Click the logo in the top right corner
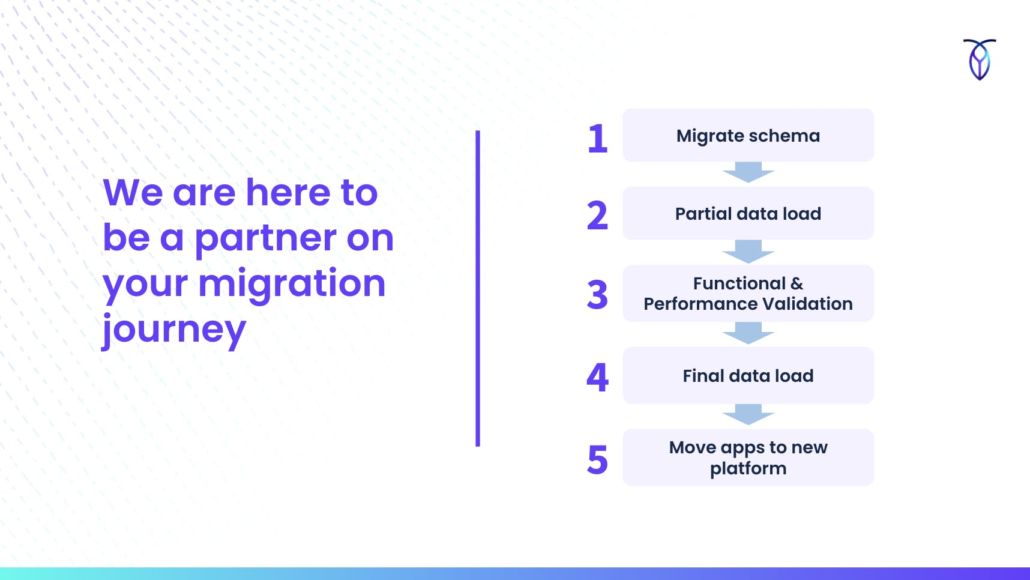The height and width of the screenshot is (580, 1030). coord(980,59)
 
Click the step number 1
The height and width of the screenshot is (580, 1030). coord(598,138)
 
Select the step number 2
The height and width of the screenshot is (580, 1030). coord(597,216)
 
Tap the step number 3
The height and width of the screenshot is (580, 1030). coord(597,295)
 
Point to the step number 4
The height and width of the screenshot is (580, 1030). coord(597,377)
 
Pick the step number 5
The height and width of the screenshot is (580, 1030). coord(597,460)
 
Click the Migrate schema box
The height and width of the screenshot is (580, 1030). coord(748,135)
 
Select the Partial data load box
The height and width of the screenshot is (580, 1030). coord(748,213)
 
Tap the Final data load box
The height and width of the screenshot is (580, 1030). coord(748,375)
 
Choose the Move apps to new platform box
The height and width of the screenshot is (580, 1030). coord(748,458)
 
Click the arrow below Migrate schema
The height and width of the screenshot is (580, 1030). coord(748,172)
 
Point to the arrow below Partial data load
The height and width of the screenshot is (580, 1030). coord(748,252)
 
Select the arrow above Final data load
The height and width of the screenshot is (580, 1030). coord(748,333)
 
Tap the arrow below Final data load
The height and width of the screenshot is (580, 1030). coord(748,415)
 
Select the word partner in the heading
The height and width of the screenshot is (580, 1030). coord(265,239)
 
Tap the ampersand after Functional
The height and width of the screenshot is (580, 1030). coord(797,283)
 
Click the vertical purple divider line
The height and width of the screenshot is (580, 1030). coord(478,288)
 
